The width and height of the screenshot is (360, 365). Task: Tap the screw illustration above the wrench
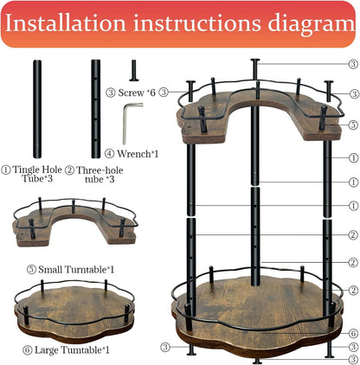click(x=132, y=68)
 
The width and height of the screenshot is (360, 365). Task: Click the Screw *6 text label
click(x=143, y=92)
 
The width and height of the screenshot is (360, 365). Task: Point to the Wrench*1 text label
click(x=142, y=155)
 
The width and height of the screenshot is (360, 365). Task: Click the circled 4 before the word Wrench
click(x=111, y=155)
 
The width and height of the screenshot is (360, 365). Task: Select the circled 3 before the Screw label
click(x=111, y=92)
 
